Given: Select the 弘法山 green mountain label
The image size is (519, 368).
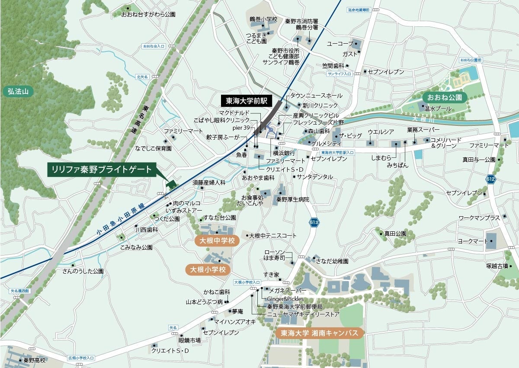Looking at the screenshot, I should [x=18, y=91].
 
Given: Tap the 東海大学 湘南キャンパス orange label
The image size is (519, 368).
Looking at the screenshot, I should [x=320, y=333].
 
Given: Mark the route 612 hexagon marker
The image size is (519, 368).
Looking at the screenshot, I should [x=490, y=179].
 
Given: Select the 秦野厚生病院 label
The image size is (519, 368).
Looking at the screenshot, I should [x=293, y=199].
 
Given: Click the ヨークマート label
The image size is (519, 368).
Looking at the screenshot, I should [x=472, y=241].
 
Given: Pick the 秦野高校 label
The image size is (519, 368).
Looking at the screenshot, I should [x=35, y=360].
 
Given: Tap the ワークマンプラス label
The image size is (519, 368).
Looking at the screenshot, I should [x=479, y=218].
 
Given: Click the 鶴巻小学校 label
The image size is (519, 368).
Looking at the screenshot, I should [x=263, y=19].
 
